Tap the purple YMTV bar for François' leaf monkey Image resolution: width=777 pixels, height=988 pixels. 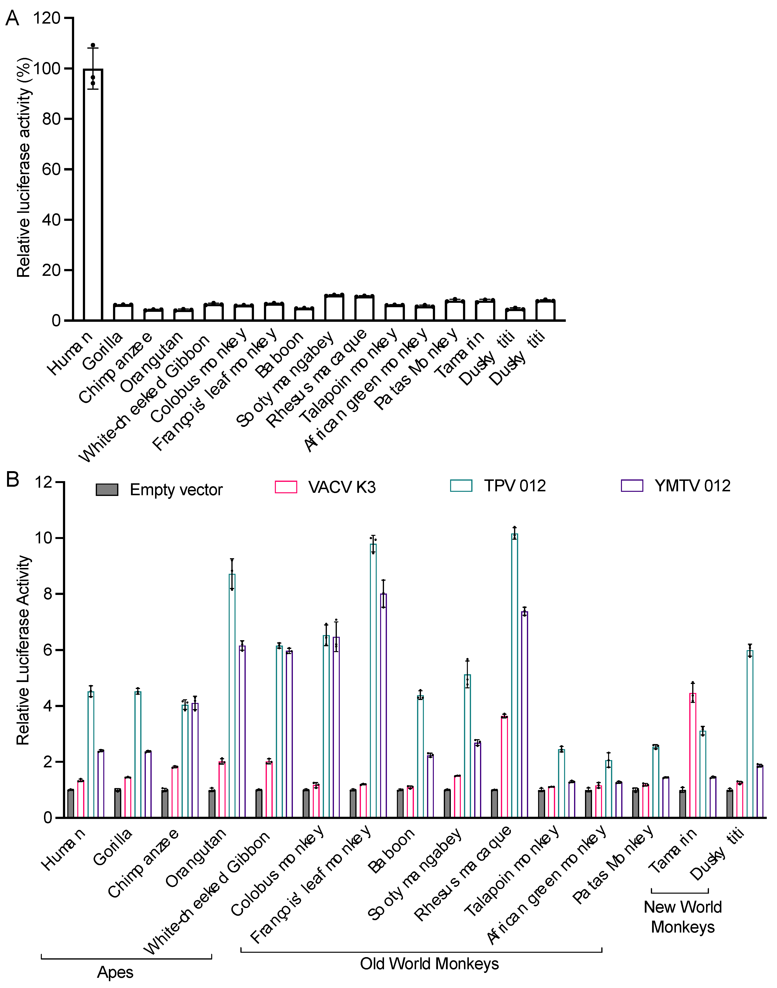tap(384, 706)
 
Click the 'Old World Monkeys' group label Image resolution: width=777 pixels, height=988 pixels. tap(429, 964)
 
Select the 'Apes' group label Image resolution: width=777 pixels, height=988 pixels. tap(115, 972)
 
